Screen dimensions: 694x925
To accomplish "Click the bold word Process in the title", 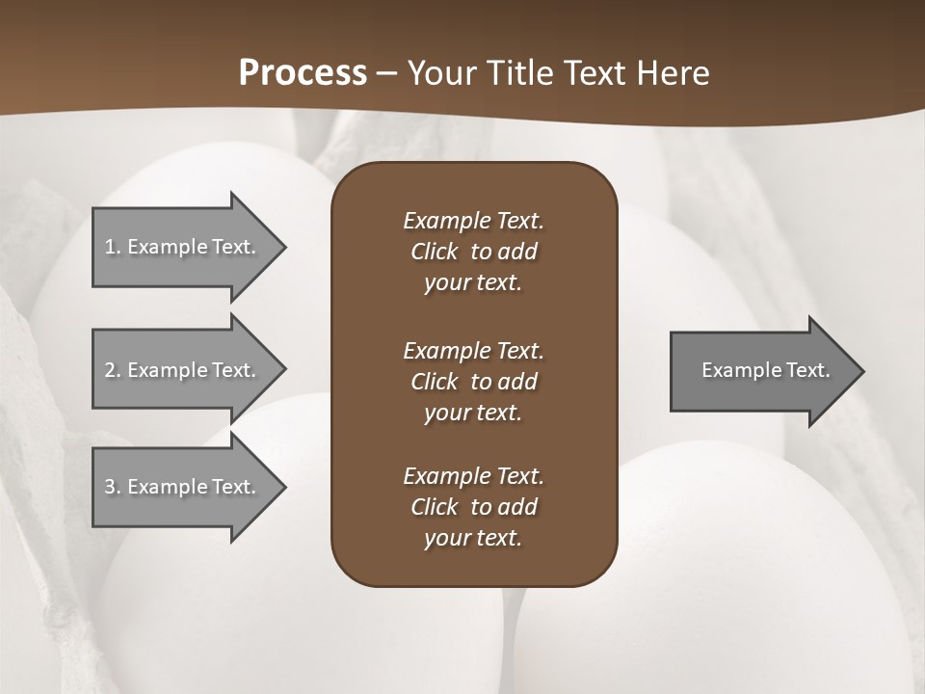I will [x=303, y=72].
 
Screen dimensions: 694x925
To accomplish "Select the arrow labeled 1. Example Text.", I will [x=183, y=247].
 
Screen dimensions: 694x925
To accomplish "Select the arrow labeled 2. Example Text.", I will [x=183, y=370].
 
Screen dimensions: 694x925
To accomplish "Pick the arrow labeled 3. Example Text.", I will [x=183, y=487].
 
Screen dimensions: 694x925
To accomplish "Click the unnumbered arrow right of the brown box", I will [x=761, y=370].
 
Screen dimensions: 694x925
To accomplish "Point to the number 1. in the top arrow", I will [x=113, y=247].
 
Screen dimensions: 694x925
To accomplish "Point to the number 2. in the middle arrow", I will [x=113, y=370].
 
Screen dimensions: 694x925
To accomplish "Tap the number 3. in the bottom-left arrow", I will [x=113, y=487].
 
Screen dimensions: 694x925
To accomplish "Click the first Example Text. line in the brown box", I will [x=473, y=221].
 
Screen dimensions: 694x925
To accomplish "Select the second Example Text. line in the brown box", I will [x=473, y=350].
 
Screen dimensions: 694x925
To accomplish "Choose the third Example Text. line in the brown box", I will [x=473, y=476].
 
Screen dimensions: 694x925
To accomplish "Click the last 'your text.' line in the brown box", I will [x=473, y=538].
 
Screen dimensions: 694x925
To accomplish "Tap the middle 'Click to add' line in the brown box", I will [x=473, y=382].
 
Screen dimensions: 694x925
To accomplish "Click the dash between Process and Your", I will [x=386, y=73].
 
